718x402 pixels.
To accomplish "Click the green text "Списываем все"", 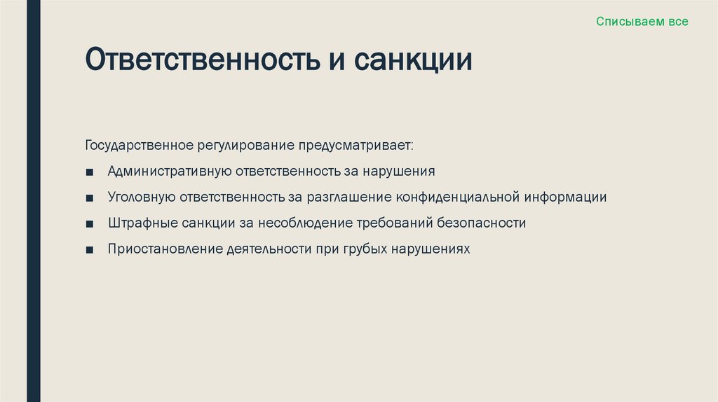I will coord(642,22).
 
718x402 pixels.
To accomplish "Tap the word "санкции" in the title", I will coord(412,60).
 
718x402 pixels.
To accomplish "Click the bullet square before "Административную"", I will coord(90,172).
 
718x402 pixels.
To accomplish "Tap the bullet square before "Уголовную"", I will coord(90,197).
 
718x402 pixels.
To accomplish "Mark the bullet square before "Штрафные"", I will coord(90,223).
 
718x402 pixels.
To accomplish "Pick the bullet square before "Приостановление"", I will coord(90,249).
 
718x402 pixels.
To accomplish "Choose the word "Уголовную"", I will coord(141,197).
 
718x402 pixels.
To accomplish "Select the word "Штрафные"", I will coord(140,223).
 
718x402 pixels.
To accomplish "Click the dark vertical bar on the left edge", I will coord(34,201).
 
